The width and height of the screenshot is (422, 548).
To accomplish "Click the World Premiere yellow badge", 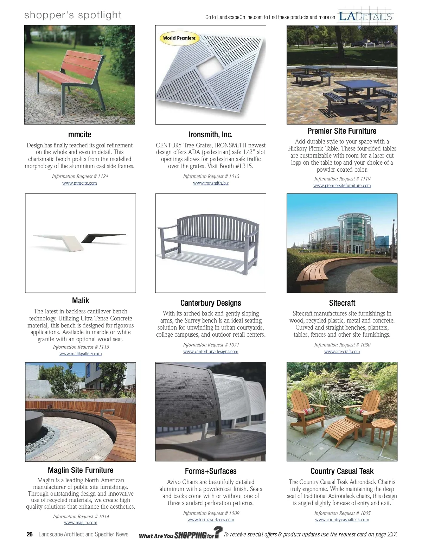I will click(x=179, y=38).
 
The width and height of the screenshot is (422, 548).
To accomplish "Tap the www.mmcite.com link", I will click(x=79, y=183).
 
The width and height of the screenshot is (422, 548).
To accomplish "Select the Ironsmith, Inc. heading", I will click(x=210, y=134).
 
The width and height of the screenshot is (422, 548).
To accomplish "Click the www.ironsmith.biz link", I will click(x=211, y=183).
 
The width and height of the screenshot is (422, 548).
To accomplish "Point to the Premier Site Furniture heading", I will click(x=342, y=131).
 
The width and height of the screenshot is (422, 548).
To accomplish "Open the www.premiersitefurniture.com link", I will click(x=342, y=186).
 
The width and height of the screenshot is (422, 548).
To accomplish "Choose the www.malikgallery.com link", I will click(x=81, y=354).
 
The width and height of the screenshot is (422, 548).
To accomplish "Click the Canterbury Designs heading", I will click(x=211, y=303).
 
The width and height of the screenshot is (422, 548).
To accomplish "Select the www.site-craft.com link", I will click(x=342, y=352).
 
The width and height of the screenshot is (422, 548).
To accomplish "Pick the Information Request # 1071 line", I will click(x=211, y=345).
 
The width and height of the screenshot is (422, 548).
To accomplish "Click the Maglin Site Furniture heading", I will click(x=81, y=470).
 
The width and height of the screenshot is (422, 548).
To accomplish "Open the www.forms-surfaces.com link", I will click(x=211, y=520).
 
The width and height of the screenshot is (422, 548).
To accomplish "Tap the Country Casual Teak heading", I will click(x=342, y=471).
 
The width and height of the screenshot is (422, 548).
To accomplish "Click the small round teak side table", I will click(x=383, y=427).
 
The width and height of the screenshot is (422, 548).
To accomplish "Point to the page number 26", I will click(x=30, y=534).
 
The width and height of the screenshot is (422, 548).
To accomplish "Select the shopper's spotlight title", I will click(x=73, y=15).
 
